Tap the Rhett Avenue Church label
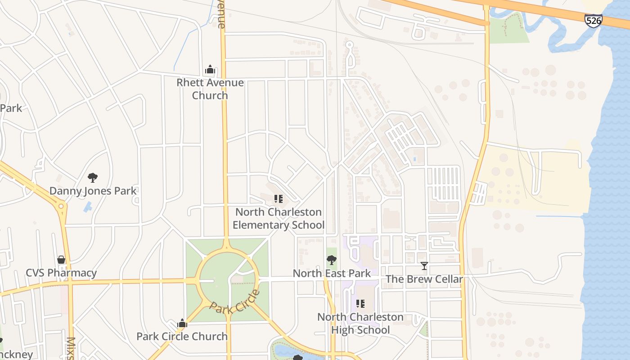point(210,89)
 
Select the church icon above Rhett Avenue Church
point(210,70)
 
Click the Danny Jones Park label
point(93,191)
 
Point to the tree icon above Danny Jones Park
point(93,177)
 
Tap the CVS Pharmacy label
point(61,273)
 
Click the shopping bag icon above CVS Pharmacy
point(61,260)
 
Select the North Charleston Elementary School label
point(279,219)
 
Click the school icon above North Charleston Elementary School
point(279,198)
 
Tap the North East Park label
point(332,273)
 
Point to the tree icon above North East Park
point(332,260)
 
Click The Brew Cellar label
point(424,279)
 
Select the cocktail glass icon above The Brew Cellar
point(424,266)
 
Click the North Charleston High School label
point(360,323)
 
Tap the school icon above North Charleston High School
point(360,304)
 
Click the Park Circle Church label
point(182,336)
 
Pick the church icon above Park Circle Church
point(182,323)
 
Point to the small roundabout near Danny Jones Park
point(61,206)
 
